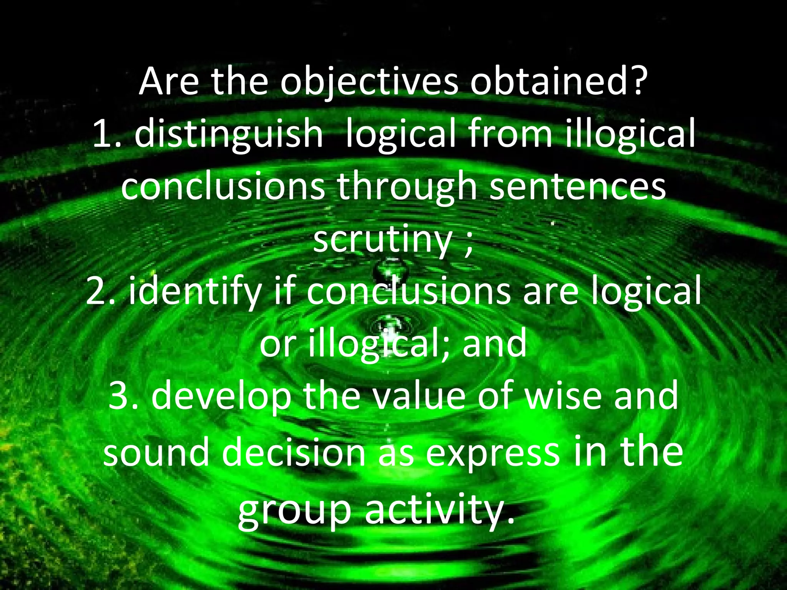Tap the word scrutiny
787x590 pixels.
click(382, 241)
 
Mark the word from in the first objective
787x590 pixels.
click(505, 135)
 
